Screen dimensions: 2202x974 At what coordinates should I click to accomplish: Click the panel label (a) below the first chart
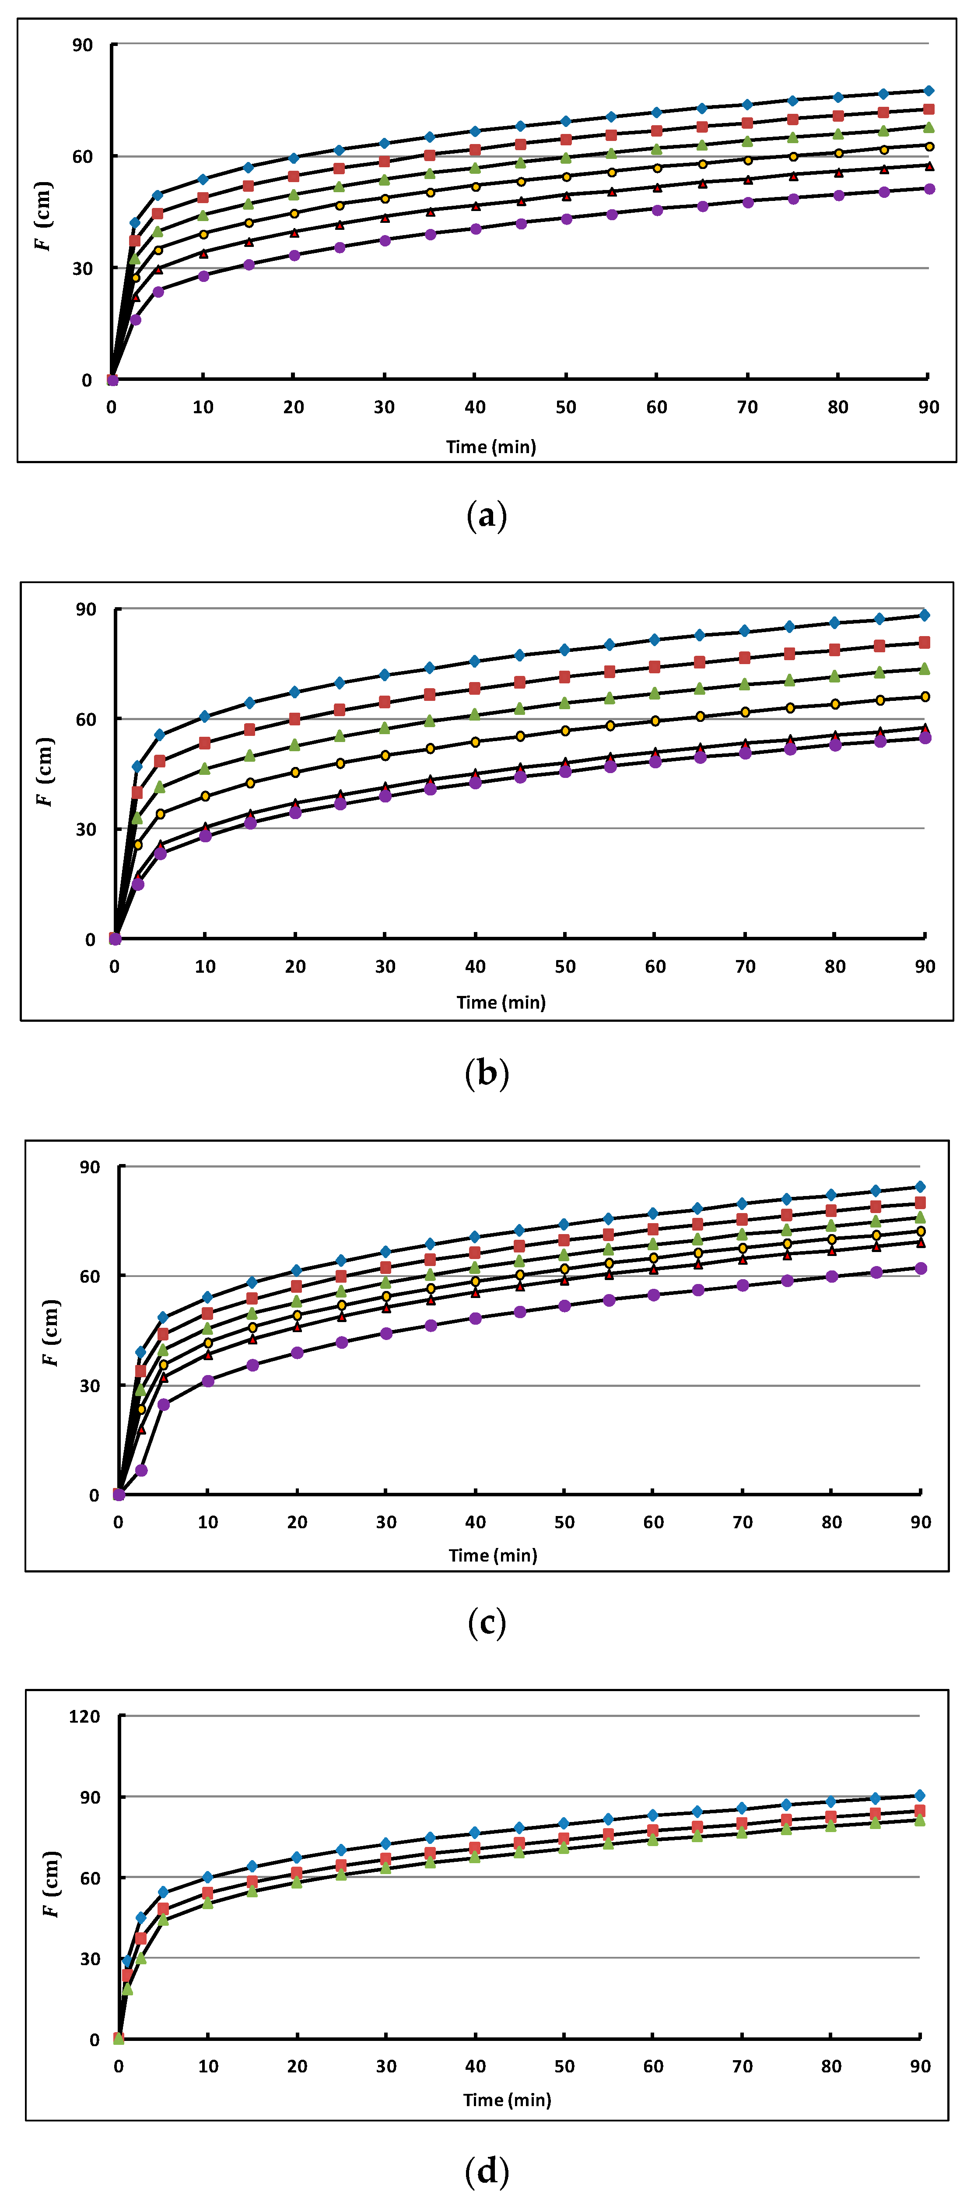(x=487, y=516)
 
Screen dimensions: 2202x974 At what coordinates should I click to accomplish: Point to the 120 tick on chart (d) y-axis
(x=84, y=1717)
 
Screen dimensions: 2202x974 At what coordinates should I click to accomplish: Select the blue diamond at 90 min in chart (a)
(x=929, y=91)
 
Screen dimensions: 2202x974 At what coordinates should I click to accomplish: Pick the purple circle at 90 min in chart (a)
(x=929, y=189)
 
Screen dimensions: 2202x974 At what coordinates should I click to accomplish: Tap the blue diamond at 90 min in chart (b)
(x=925, y=615)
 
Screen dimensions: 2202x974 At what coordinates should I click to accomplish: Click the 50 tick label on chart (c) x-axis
(x=564, y=1522)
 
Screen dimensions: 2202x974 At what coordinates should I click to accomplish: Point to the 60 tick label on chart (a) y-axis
(x=82, y=156)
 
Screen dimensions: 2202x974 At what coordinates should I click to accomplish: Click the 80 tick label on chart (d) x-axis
(x=831, y=2066)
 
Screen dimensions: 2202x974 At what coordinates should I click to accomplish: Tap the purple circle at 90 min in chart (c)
(x=920, y=1269)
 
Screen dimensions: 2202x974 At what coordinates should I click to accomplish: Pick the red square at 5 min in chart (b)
(x=160, y=761)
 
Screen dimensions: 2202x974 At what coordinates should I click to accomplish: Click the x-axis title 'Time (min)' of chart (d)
(x=507, y=2100)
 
